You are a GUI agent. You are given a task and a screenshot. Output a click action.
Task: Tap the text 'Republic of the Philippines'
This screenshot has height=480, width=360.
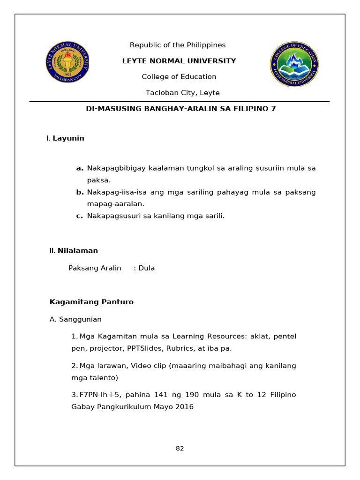click(x=178, y=45)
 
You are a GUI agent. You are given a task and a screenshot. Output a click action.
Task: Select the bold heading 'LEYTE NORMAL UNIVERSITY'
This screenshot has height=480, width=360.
click(x=179, y=61)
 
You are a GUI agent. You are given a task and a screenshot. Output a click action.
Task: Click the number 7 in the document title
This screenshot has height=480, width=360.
click(x=274, y=109)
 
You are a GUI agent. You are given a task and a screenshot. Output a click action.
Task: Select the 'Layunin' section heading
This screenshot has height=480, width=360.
click(x=68, y=138)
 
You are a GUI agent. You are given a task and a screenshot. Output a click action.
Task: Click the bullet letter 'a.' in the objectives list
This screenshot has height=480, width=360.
click(x=80, y=168)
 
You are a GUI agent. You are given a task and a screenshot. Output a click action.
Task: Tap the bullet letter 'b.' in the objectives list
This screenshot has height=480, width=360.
click(x=80, y=192)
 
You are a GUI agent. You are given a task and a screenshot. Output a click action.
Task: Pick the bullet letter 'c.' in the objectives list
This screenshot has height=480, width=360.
click(x=80, y=216)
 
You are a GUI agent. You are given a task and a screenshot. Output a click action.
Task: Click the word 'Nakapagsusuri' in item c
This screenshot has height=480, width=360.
click(x=109, y=216)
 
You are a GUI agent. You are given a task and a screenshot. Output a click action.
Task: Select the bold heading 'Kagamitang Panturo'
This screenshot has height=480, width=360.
click(x=91, y=302)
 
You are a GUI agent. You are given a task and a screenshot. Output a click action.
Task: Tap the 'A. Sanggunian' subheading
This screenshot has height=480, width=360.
click(x=75, y=319)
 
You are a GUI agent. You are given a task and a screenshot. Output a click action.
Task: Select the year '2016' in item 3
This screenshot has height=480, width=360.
click(x=184, y=406)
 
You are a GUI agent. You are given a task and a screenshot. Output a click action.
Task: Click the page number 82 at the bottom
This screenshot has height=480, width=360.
click(x=180, y=448)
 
